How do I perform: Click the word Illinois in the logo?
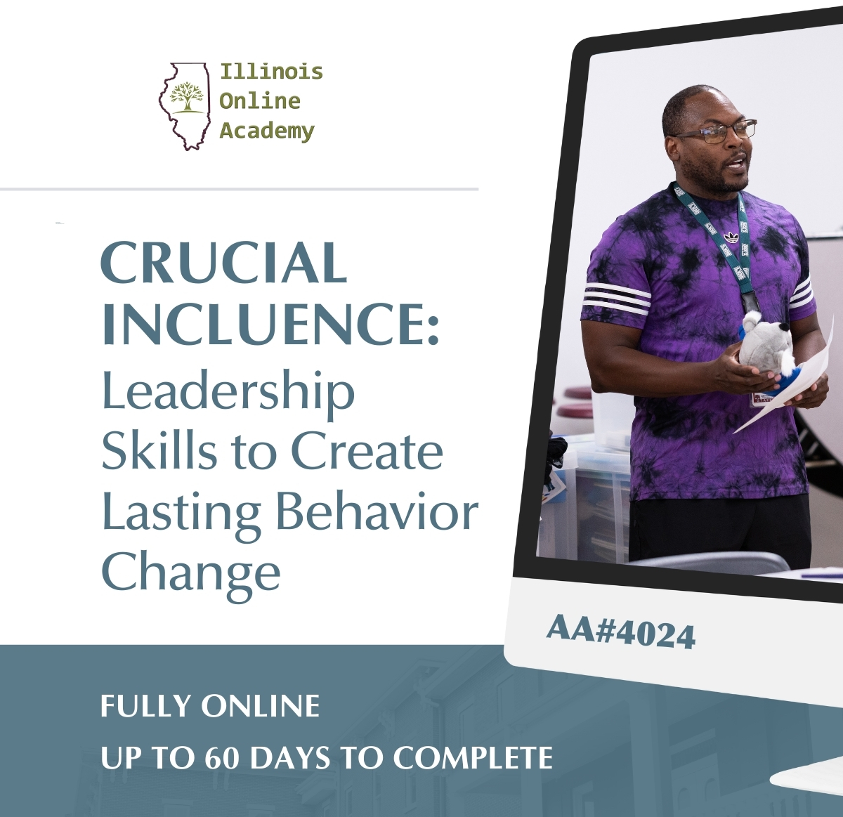pos(271,72)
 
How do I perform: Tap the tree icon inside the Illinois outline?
pos(187,97)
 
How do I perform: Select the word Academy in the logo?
pos(266,131)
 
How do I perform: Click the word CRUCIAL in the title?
pos(224,263)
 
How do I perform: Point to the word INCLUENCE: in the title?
pos(270,323)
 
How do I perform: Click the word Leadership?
pos(228,392)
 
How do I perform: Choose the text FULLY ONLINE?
pos(210,706)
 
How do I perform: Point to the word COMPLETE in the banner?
pos(473,758)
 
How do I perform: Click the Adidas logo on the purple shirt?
pos(731,237)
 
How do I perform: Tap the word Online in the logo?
pos(259,101)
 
